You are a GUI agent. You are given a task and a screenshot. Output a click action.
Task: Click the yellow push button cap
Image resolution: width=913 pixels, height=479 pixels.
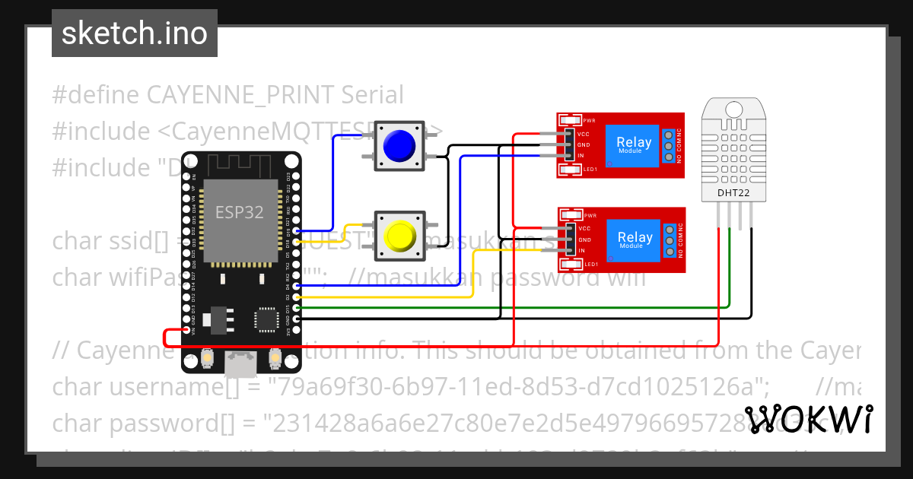397,236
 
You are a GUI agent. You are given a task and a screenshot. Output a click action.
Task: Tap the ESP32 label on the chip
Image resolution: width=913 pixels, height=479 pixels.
240,212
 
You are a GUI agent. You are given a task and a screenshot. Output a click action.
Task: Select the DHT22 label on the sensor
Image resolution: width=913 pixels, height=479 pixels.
733,193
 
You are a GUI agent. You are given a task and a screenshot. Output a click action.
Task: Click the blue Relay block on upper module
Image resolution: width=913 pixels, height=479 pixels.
633,144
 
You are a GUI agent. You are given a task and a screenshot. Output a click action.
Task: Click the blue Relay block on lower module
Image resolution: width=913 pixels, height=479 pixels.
633,239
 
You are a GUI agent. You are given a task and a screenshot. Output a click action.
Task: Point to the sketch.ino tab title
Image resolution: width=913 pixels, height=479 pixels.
135,33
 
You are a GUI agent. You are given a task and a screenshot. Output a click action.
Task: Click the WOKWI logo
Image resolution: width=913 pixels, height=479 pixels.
808,419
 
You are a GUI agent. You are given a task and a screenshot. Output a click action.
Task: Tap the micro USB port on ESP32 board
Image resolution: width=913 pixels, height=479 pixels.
241,364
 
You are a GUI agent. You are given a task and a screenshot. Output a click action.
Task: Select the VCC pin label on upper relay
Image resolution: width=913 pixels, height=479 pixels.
584,133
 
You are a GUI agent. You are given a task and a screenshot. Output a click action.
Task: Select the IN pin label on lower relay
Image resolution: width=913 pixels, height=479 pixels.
581,250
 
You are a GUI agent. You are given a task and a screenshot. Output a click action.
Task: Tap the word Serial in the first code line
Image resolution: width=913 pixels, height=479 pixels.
372,95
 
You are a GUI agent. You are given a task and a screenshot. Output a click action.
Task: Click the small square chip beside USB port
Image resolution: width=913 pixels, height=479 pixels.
266,319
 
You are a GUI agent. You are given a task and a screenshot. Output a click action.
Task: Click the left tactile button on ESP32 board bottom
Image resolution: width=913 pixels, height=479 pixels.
208,357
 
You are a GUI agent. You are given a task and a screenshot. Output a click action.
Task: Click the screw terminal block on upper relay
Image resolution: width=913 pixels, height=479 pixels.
668,146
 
